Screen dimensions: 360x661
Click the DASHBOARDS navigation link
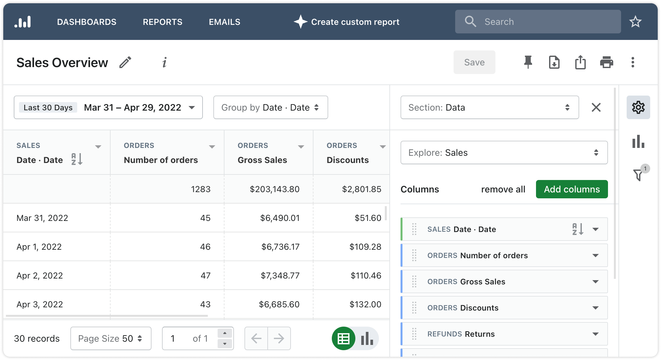pos(87,22)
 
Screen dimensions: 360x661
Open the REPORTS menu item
pos(163,22)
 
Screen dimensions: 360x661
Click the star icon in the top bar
pos(635,22)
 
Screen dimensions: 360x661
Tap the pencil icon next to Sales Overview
pos(125,62)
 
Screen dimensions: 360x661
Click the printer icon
pos(606,62)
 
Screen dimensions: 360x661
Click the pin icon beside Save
pos(528,62)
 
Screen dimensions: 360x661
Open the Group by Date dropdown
pos(270,107)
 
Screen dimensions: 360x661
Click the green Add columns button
pos(572,189)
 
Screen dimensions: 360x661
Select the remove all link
pos(503,189)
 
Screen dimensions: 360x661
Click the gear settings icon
pos(638,107)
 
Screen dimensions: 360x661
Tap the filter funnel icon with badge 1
pos(638,174)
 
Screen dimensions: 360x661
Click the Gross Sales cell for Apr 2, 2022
pos(280,276)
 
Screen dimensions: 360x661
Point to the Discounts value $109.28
pos(365,247)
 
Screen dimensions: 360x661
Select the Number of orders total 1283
pos(201,189)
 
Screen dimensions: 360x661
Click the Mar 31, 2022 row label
pos(43,218)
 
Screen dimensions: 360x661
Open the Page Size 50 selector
pos(111,338)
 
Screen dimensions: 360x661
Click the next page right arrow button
pos(279,338)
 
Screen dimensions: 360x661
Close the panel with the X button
pos(596,107)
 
